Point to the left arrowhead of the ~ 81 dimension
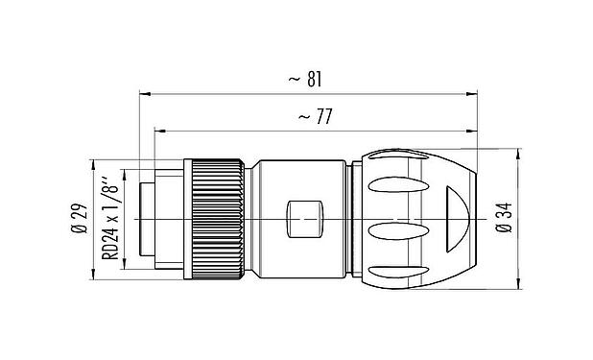145,94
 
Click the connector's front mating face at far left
142,220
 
